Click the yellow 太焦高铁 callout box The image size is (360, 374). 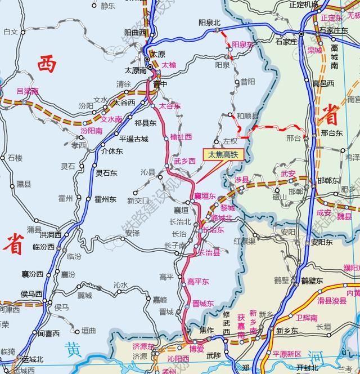(x=223, y=154)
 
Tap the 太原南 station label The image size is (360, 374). (x=136, y=70)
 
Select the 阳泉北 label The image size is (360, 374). (x=209, y=23)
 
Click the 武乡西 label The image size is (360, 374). (x=184, y=161)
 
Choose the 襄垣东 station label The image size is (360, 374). (x=205, y=195)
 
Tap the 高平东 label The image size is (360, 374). (x=198, y=282)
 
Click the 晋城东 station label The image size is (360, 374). (x=203, y=304)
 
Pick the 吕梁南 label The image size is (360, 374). (x=28, y=91)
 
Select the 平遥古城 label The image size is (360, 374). (x=133, y=139)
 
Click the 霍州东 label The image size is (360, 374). (x=105, y=199)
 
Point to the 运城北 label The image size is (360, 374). (x=33, y=359)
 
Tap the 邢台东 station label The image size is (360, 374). (x=331, y=133)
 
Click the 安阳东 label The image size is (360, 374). (x=322, y=243)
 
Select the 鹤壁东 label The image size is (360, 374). (x=312, y=280)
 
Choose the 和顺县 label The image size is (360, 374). (x=247, y=115)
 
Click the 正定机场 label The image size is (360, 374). (x=304, y=5)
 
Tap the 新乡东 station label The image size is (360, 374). (x=286, y=331)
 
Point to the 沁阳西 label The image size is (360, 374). (x=178, y=358)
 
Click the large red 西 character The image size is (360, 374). (x=47, y=65)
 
